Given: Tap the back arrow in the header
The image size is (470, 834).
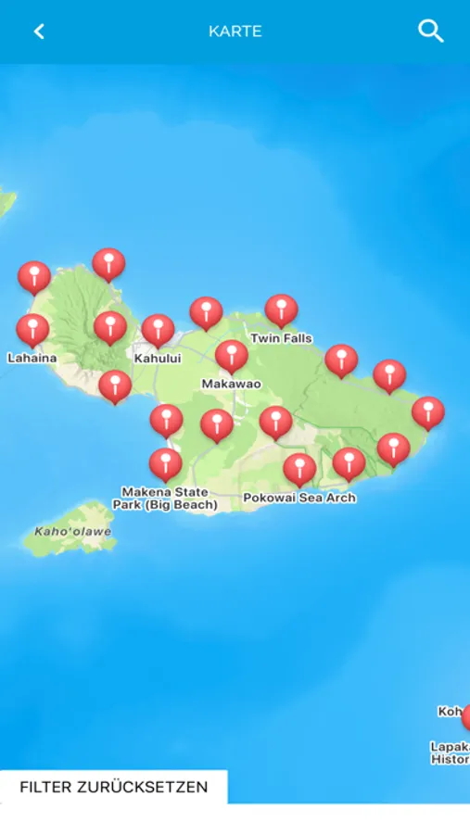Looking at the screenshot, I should point(39,32).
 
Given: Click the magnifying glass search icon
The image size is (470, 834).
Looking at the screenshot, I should point(431,31).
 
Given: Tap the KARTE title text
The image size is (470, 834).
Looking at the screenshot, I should point(235,32).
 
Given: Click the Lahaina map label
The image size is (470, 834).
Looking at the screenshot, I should point(32,358).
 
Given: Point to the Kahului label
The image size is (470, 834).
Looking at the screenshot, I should point(158,358).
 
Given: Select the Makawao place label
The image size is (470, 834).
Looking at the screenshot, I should point(232,384).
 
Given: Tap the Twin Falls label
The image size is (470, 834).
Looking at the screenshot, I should point(281,338).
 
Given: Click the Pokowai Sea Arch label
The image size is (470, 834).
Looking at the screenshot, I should point(299,498).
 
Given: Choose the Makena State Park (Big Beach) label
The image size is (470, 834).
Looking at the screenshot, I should point(165,499).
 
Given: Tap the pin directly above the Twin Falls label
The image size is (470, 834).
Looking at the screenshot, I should point(281,310).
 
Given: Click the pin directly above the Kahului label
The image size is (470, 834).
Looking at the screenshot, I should point(158,329).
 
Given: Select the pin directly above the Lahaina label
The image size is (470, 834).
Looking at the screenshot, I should point(32,329).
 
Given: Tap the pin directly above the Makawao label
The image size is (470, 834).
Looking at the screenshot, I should point(232,355).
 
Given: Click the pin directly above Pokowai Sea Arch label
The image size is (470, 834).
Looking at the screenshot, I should point(299,468).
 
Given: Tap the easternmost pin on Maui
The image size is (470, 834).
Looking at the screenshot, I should point(427,411).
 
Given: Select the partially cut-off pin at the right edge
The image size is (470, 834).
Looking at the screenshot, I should point(466,715).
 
